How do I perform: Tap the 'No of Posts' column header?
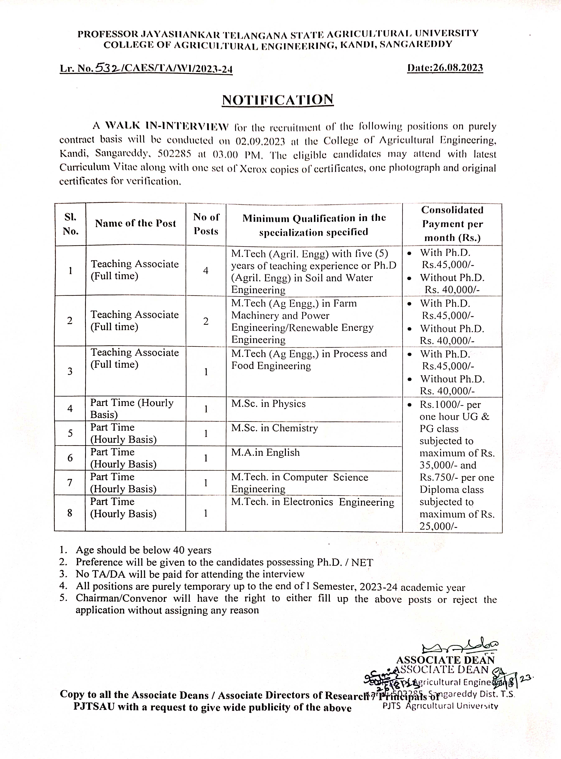206,224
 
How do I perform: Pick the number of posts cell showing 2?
206,321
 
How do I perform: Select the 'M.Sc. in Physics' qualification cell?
268,404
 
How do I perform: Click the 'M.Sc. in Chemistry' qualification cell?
274,428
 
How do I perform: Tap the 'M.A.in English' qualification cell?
266,453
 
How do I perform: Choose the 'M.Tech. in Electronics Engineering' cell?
312,502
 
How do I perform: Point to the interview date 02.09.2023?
260,141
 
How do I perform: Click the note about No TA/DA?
190,574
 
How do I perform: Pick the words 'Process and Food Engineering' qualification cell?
309,360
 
